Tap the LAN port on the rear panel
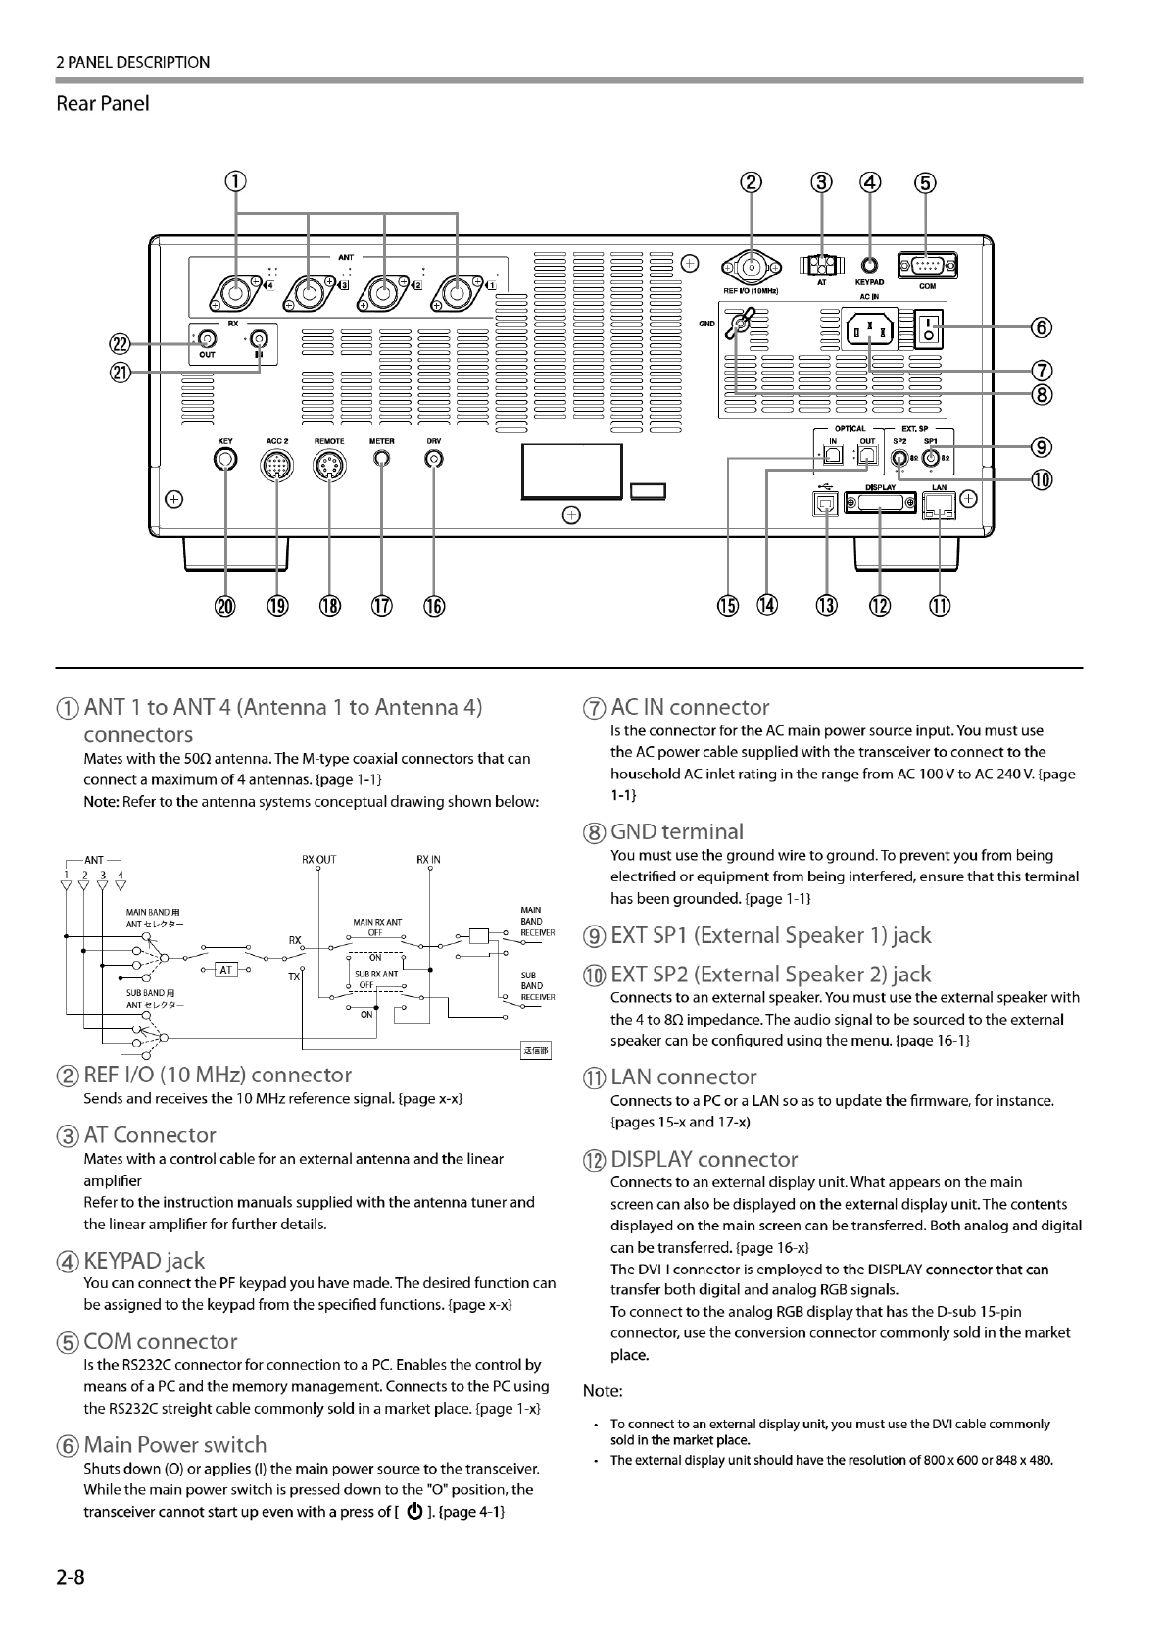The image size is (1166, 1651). click(939, 503)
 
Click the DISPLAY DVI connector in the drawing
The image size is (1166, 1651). click(879, 503)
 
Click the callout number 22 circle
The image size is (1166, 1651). click(120, 343)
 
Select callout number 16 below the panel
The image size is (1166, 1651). click(434, 606)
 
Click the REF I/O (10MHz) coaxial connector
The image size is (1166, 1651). click(752, 266)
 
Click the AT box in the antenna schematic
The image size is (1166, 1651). click(226, 970)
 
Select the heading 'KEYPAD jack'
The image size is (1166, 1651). click(144, 1261)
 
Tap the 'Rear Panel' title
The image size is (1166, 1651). click(103, 104)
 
